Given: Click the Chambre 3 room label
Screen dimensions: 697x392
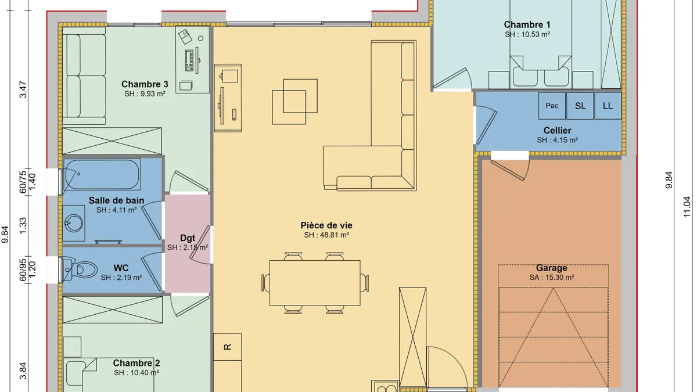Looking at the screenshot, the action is [x=145, y=84].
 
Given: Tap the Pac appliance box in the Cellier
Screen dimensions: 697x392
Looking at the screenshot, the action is [x=552, y=106].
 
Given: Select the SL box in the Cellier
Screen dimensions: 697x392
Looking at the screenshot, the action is [x=580, y=106].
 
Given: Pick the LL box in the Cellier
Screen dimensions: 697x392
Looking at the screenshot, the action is [x=608, y=106].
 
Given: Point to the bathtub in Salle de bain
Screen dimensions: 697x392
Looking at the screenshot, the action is [x=102, y=174].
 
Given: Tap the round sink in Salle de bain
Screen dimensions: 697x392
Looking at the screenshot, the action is [x=74, y=223].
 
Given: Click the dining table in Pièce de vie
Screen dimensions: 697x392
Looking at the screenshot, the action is [x=315, y=283].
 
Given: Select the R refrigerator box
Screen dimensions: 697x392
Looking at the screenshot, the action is [x=228, y=347].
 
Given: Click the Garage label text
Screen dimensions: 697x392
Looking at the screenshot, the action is [x=551, y=268].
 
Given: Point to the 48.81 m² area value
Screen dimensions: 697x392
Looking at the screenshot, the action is [x=326, y=235].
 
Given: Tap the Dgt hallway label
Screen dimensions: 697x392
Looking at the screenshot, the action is [x=187, y=238].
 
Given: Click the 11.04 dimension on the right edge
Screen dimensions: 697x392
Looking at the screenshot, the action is [x=687, y=207].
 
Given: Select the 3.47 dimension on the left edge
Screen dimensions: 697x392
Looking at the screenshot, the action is [x=23, y=89].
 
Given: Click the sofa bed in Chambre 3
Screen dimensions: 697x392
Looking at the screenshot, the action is [x=84, y=76].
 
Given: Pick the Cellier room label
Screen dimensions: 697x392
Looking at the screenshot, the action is [x=557, y=130].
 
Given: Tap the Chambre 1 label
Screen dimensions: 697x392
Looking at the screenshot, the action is [x=527, y=24].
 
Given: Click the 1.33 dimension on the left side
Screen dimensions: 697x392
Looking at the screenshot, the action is [x=23, y=226].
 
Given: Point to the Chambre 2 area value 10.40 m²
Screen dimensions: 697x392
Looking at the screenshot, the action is [x=136, y=373].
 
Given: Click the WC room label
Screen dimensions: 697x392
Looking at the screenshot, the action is [x=121, y=268].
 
